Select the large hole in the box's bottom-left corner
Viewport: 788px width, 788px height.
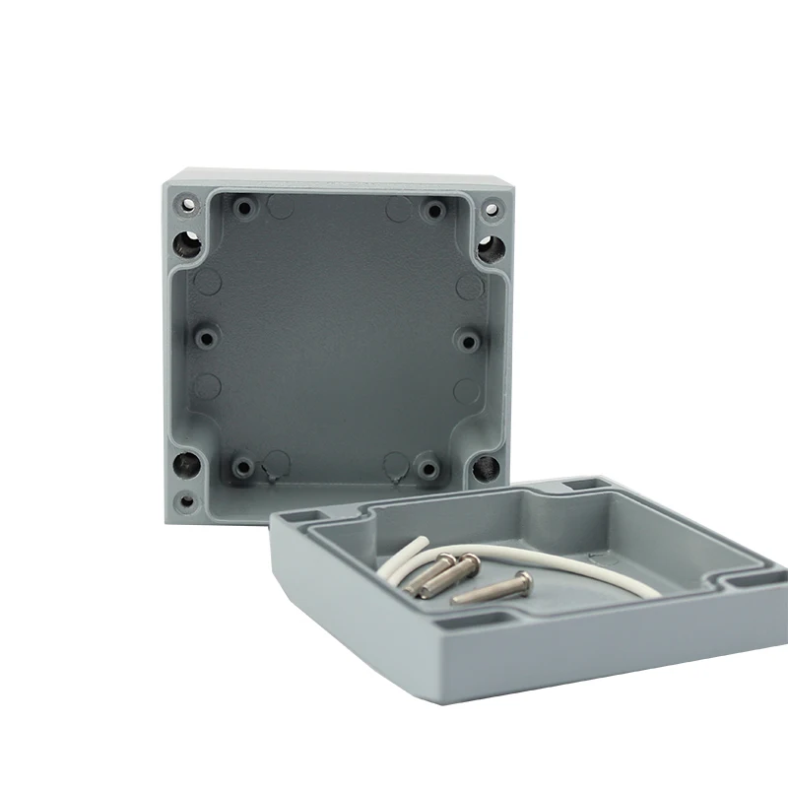[183, 464]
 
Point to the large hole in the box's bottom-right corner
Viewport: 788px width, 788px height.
[484, 468]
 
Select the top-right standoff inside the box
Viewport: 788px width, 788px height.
[432, 210]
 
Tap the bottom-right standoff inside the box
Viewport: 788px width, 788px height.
[427, 466]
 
